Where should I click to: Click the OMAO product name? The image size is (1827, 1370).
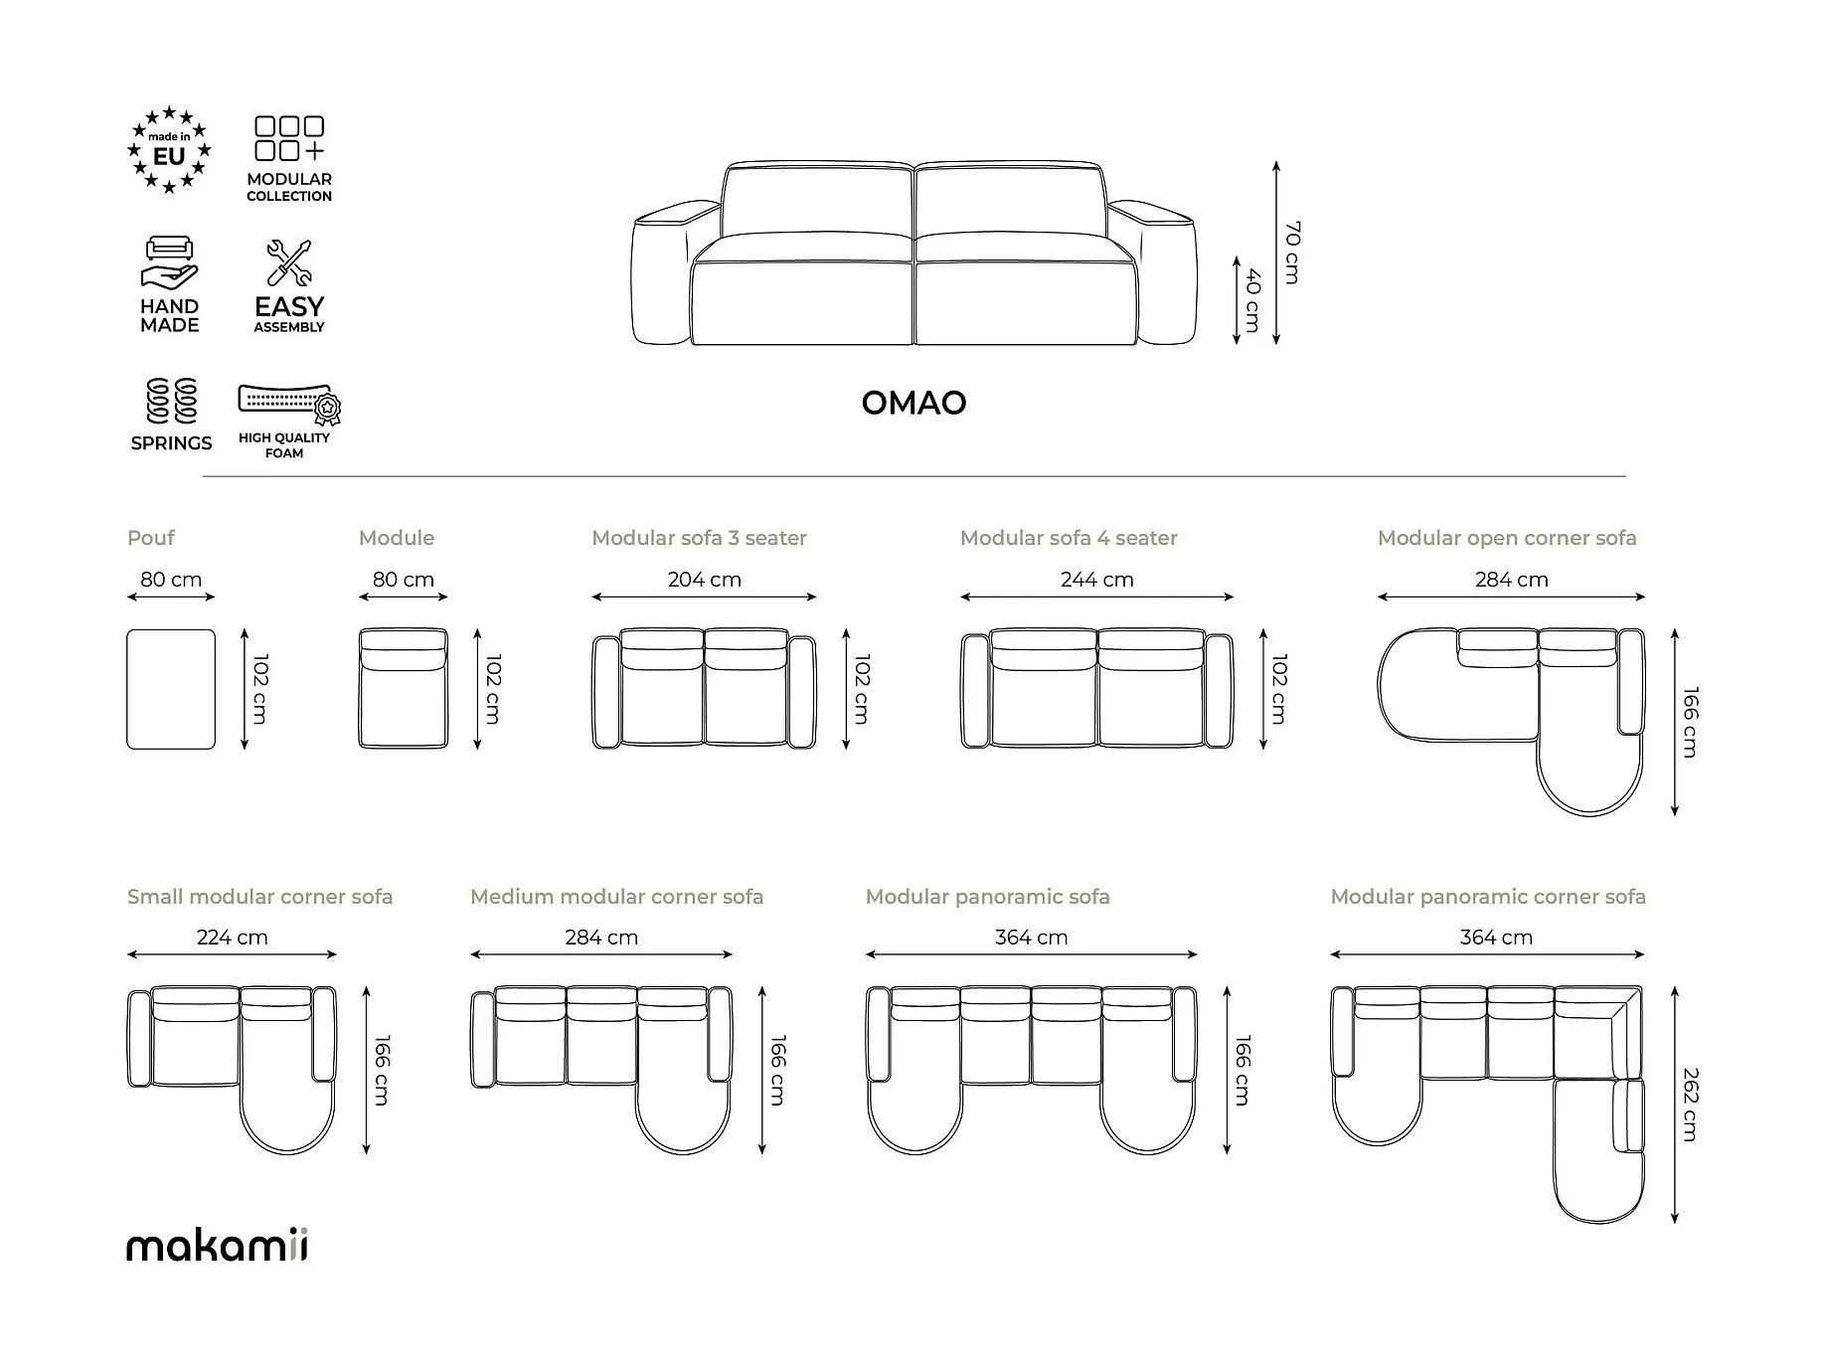coord(913,403)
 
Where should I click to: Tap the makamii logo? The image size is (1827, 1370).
coord(217,1246)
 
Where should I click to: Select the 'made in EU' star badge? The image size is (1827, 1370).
coord(169,150)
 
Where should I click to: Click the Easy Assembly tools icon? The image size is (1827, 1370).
coord(289,262)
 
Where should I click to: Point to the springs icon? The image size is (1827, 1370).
coord(171,401)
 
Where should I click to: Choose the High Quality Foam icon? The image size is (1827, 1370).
coord(288,403)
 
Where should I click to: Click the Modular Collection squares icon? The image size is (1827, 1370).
coord(289,139)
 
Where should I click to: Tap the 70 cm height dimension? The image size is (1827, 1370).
coord(1291,253)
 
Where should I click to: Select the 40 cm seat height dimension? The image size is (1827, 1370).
coord(1252,300)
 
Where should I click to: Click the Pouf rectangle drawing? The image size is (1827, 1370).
coord(171,689)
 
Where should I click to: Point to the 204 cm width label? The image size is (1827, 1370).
coord(704,580)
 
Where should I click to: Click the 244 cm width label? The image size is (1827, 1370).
coord(1096,580)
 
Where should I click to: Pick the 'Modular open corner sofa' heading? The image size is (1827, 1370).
coord(1506,538)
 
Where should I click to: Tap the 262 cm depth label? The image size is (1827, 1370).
coord(1690,1104)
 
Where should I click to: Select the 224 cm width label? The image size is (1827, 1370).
coord(232,938)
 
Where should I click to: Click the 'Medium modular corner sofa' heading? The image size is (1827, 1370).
coord(616,897)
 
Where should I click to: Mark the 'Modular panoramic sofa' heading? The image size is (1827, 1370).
coord(987,897)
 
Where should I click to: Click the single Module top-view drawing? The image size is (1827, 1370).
coord(403,688)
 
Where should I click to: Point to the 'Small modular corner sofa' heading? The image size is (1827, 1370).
coord(259,897)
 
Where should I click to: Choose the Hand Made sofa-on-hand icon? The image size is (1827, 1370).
coord(170,262)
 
